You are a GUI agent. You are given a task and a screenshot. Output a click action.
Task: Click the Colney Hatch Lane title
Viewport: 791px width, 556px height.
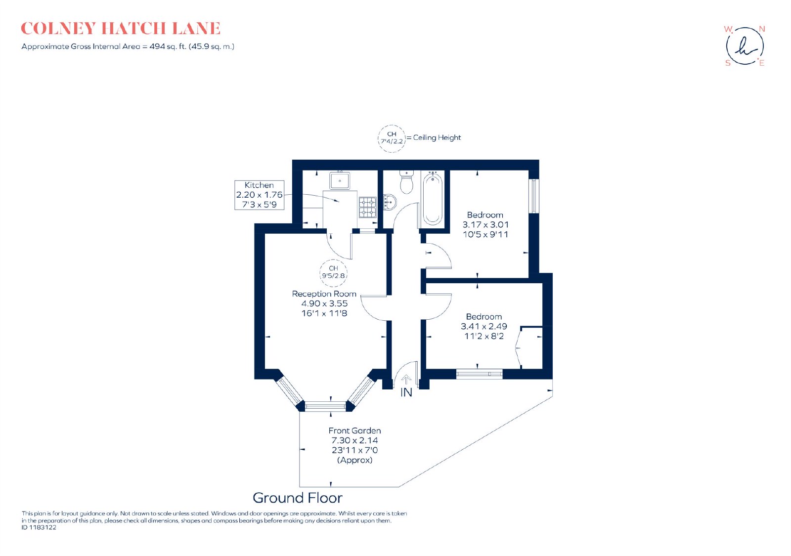point(121,29)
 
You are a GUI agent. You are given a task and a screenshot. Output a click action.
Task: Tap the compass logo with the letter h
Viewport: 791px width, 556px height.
point(745,46)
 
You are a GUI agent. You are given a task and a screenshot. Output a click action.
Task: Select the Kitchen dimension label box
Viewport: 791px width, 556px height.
point(259,195)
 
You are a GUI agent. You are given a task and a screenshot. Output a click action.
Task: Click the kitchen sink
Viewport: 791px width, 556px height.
point(339,180)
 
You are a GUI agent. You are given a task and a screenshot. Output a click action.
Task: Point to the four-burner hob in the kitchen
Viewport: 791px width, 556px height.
point(368,207)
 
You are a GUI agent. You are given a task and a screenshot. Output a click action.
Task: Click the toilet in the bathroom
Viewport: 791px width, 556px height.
point(407,182)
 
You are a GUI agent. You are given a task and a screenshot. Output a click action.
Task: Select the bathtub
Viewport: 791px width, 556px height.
point(432,199)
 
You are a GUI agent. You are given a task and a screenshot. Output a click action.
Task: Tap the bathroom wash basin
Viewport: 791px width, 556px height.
point(390,202)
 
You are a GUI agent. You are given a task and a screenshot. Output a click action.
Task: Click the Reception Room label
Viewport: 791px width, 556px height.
point(324,294)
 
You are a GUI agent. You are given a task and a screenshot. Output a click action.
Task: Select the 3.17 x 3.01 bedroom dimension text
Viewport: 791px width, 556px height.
point(485,224)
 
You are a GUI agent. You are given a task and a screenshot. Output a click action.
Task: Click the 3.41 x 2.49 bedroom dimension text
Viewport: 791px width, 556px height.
point(484,327)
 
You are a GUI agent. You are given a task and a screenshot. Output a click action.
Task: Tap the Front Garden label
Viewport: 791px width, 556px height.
point(354,430)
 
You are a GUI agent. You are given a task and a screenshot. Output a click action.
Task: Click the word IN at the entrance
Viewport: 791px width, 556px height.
point(406,392)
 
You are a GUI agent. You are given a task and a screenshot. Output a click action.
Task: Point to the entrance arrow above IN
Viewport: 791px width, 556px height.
point(406,380)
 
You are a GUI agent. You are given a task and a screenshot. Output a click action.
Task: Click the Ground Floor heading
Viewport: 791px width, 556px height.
point(297,498)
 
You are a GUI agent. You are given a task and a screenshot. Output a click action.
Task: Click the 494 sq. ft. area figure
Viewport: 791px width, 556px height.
point(168,46)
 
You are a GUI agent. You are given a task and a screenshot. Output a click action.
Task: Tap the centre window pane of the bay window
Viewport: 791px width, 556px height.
point(325,406)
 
